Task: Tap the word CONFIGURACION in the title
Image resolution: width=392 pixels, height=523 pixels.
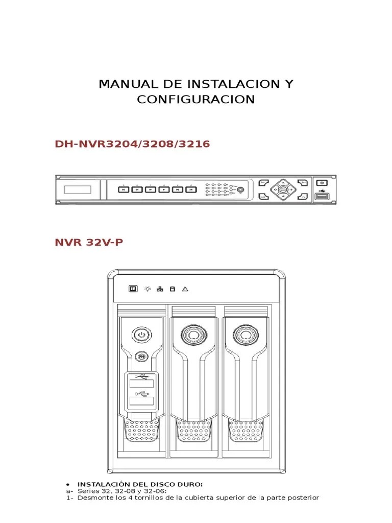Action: [x=196, y=99]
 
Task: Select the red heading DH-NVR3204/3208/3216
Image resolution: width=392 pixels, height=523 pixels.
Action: [x=132, y=144]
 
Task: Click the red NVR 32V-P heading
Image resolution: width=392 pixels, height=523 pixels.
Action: [x=89, y=242]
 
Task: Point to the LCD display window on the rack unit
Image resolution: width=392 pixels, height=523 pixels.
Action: [x=77, y=189]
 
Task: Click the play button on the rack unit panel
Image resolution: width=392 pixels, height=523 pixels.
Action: [x=163, y=189]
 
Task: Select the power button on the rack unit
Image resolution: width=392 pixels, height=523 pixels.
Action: [x=322, y=182]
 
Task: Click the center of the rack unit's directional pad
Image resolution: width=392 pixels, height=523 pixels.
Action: [x=282, y=189]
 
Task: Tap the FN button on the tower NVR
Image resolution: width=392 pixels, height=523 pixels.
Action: [x=141, y=357]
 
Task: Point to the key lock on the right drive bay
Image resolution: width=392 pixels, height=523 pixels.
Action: [x=243, y=335]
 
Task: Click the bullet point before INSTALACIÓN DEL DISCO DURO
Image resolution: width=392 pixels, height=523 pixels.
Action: [x=68, y=483]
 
